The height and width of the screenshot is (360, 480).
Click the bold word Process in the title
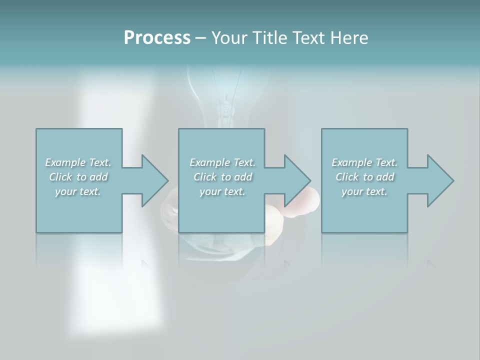[157, 38]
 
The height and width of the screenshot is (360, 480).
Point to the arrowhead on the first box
[154, 180]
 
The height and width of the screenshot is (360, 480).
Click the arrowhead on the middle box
[297, 180]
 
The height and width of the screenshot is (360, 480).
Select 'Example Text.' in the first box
[78, 162]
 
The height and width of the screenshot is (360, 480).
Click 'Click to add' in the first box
[78, 177]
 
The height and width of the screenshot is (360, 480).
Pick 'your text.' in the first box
[78, 191]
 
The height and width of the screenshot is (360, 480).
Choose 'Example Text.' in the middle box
[222, 162]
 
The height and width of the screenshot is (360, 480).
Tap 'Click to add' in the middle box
[222, 177]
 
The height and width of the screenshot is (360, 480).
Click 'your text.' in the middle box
[222, 191]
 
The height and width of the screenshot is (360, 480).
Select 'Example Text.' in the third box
[364, 162]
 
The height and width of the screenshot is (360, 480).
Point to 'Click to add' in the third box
[364, 177]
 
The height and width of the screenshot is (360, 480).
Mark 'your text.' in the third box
[364, 191]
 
